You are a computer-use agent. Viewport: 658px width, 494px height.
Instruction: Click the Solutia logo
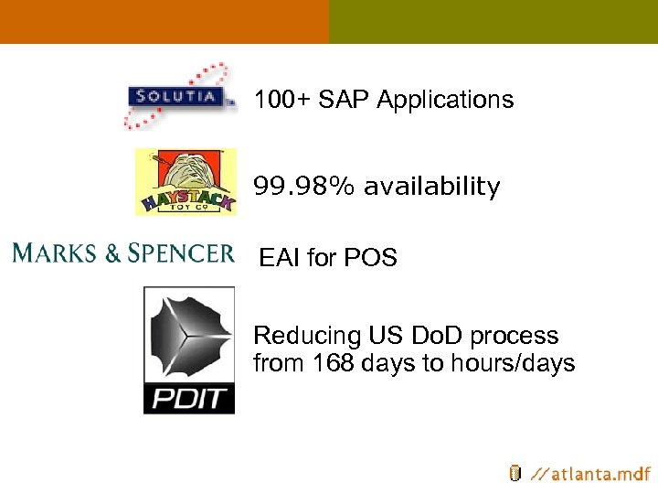pyautogui.click(x=178, y=96)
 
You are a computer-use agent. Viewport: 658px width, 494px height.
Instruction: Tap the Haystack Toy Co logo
pyautogui.click(x=186, y=182)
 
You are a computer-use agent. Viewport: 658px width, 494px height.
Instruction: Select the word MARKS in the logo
pyautogui.click(x=55, y=252)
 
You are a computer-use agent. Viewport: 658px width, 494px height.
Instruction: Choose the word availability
pyautogui.click(x=432, y=188)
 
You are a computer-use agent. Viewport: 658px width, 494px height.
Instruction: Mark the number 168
pyautogui.click(x=335, y=363)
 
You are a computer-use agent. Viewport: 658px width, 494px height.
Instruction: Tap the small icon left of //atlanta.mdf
pyautogui.click(x=515, y=473)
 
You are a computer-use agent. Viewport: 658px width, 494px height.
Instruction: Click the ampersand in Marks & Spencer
pyautogui.click(x=112, y=253)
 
